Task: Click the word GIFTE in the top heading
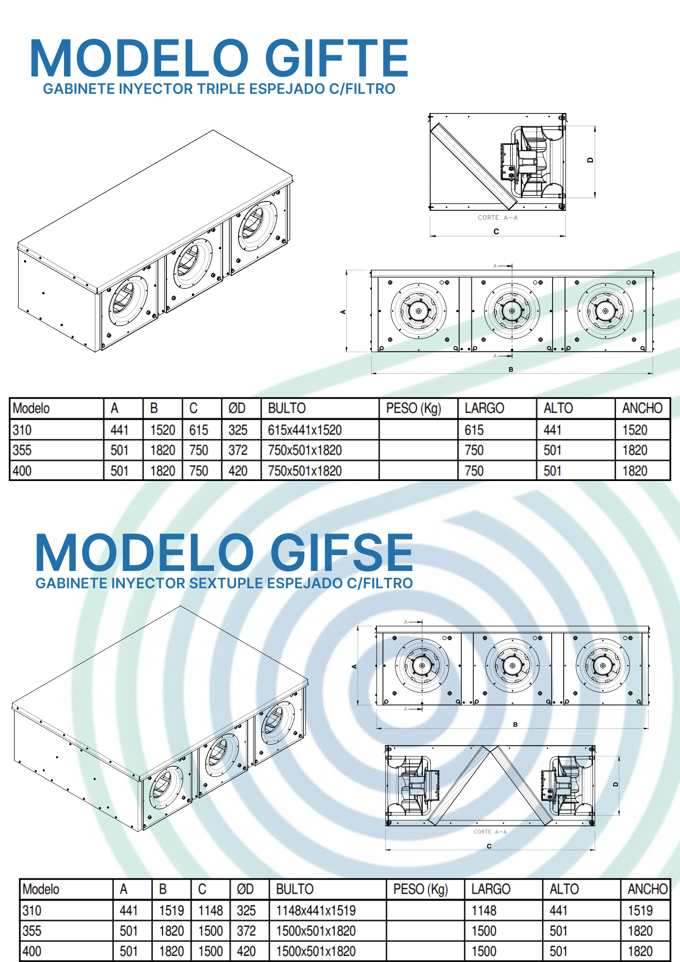[x=336, y=59]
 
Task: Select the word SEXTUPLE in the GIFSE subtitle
[x=226, y=583]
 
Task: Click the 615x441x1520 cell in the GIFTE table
[x=304, y=430]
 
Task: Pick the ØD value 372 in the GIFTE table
[x=238, y=451]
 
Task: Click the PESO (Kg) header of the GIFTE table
[x=413, y=408]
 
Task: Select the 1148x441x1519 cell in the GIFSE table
[x=315, y=911]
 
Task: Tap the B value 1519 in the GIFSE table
[x=171, y=911]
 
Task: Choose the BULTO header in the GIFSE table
[x=294, y=889]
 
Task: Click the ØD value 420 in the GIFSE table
[x=246, y=951]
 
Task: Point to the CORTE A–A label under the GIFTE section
[x=497, y=218]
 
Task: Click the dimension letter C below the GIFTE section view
[x=496, y=231]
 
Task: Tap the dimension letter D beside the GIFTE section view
[x=590, y=160]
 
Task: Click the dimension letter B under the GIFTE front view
[x=511, y=369]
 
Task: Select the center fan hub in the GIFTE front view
[x=512, y=311]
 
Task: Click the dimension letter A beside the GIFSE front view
[x=354, y=667]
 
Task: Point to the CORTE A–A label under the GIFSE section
[x=490, y=832]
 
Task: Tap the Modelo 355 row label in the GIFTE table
[x=22, y=451]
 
